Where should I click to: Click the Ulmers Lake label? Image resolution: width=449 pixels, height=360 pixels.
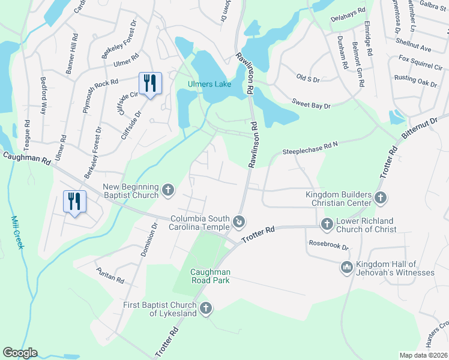[x=209, y=84]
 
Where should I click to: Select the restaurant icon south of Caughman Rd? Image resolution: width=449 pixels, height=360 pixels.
[x=74, y=200]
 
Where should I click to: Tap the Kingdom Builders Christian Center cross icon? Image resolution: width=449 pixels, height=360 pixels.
[x=380, y=198]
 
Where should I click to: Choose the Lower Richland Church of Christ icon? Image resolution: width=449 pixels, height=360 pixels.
[x=327, y=225]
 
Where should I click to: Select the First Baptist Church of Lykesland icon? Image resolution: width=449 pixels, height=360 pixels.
[x=206, y=308]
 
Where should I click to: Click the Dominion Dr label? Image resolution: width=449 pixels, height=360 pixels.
[x=148, y=240]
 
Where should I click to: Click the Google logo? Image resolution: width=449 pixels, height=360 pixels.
[x=20, y=353]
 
